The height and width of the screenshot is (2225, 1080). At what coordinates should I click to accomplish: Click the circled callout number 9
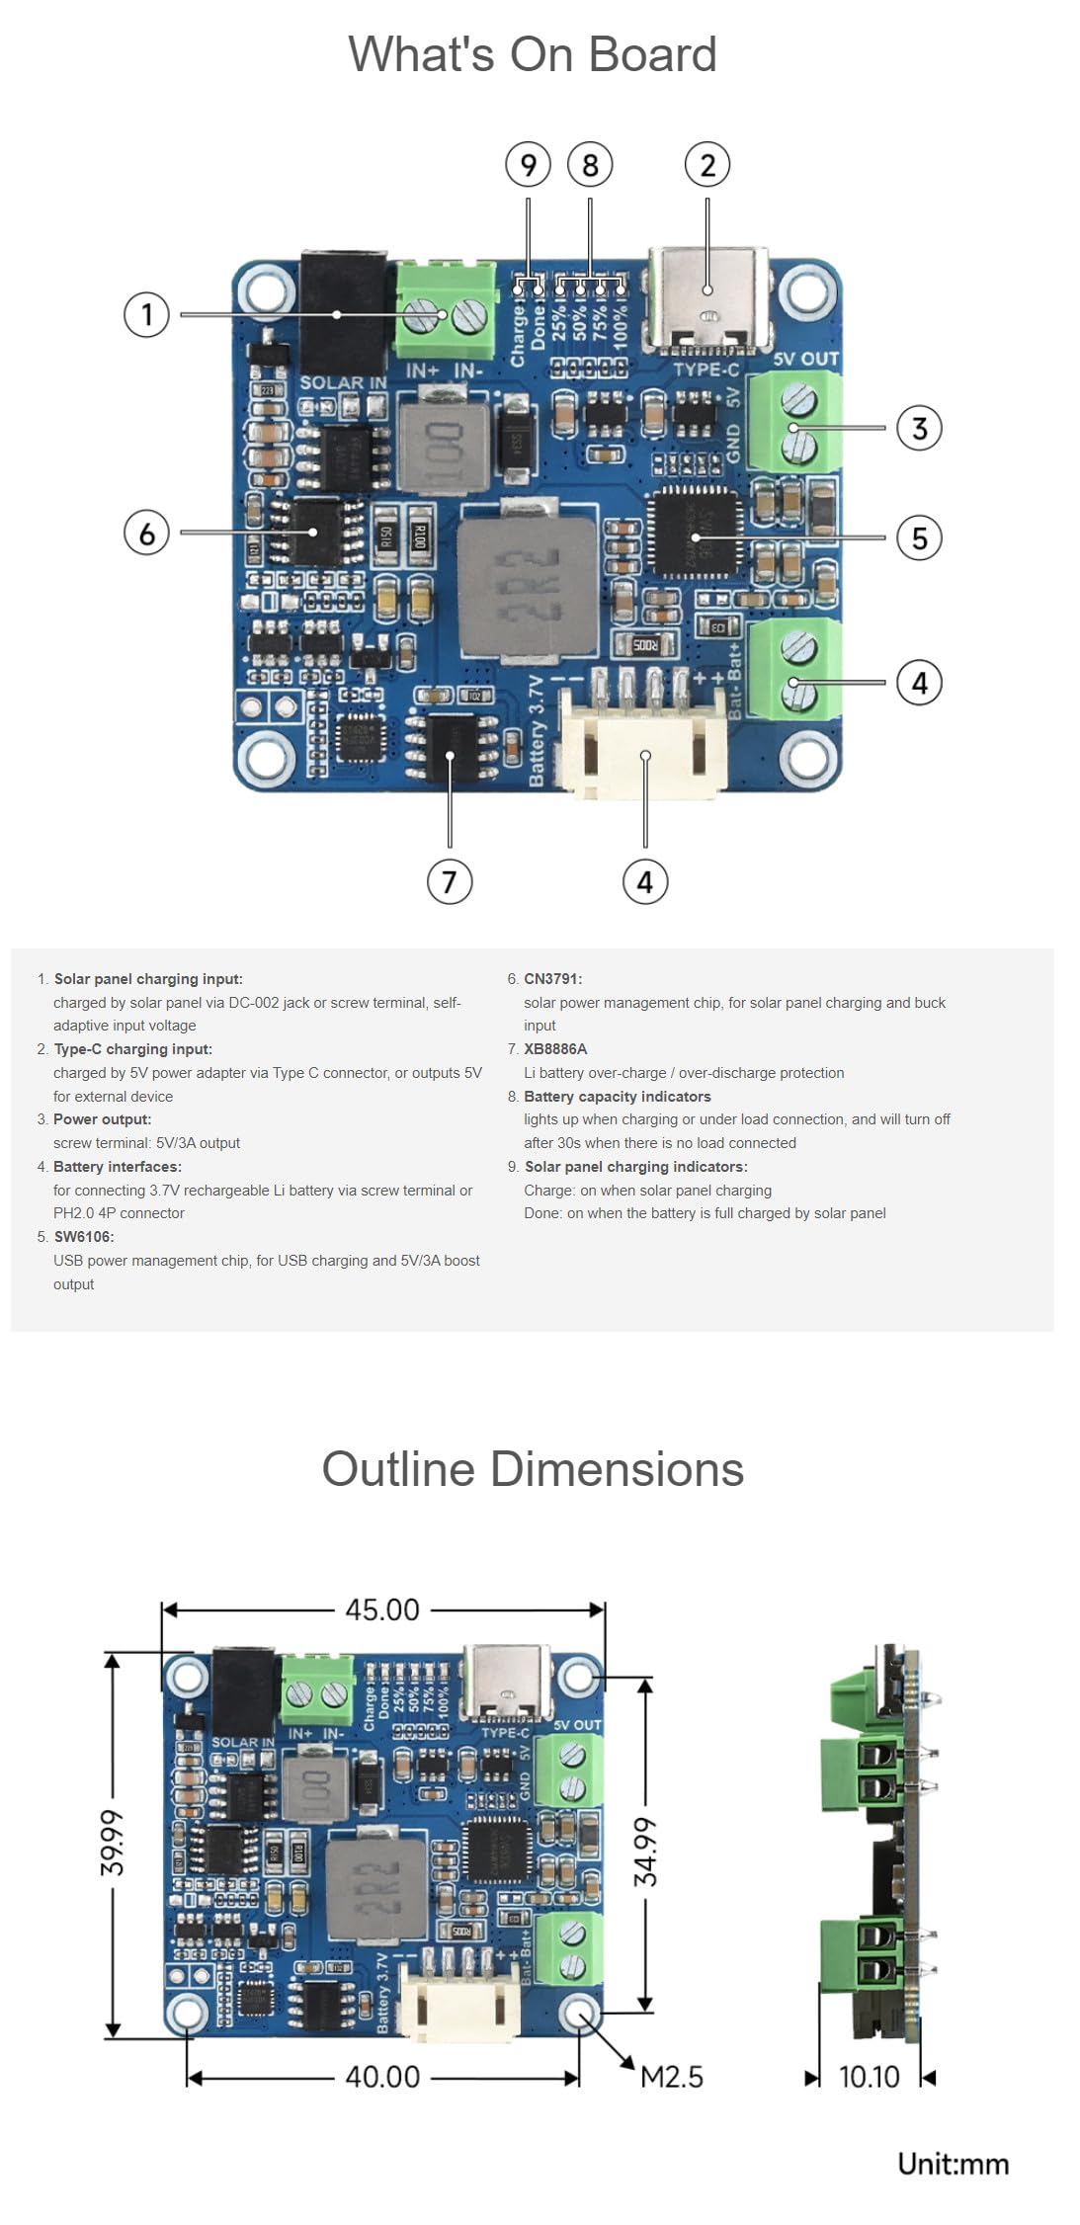(528, 165)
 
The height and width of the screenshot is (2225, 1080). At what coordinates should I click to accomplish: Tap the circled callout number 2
(707, 165)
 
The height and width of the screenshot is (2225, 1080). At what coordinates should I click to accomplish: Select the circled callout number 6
(146, 533)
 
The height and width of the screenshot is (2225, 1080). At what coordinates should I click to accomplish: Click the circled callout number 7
(450, 880)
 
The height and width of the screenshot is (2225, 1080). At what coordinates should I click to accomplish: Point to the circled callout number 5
(919, 537)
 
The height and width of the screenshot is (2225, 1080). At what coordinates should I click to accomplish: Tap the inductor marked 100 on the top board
(443, 442)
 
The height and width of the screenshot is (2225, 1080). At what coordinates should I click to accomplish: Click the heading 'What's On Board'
(532, 54)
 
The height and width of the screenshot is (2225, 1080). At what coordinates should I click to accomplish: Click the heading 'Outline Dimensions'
(532, 1469)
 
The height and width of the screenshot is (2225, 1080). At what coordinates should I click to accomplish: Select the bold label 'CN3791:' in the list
(552, 979)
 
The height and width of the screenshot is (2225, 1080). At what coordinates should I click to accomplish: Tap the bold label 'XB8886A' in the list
(555, 1049)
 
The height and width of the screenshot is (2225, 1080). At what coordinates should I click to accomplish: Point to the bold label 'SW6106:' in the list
(83, 1237)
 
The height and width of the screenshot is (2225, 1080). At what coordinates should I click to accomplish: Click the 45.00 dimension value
(382, 1609)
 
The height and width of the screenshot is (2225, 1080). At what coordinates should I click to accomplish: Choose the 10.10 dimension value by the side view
(869, 2077)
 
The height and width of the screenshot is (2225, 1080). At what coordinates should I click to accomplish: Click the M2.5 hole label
(672, 2077)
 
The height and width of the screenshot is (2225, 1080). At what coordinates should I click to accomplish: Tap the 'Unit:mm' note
(953, 2165)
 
